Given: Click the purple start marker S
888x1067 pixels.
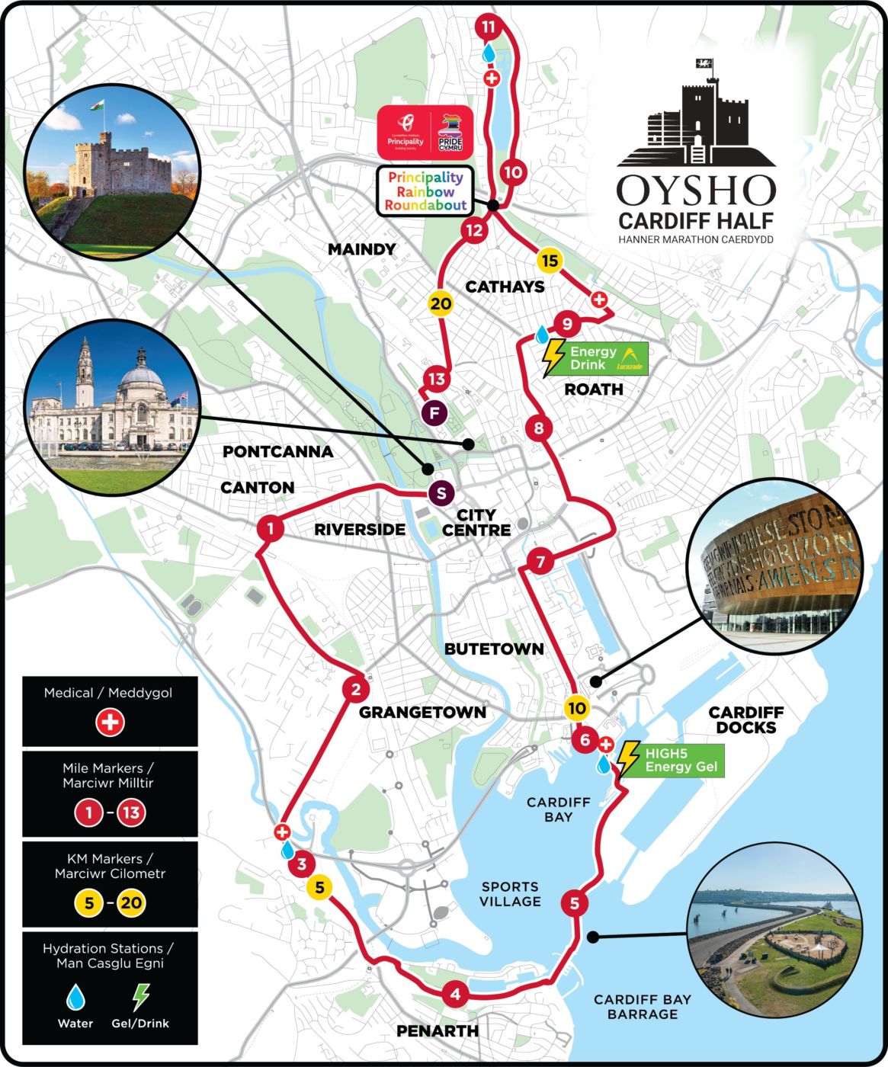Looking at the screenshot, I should pyautogui.click(x=441, y=493).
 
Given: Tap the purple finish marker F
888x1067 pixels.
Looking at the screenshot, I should pyautogui.click(x=435, y=413).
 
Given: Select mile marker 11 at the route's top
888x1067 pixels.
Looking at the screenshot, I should pyautogui.click(x=488, y=27).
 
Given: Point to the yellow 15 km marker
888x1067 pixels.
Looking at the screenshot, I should pyautogui.click(x=549, y=261).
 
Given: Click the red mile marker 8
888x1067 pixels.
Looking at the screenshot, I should pyautogui.click(x=539, y=428).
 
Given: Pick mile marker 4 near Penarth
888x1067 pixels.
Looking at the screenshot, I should pyautogui.click(x=455, y=994).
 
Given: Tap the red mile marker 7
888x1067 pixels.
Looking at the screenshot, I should pyautogui.click(x=540, y=562).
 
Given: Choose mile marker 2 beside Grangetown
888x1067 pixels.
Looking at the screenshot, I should pyautogui.click(x=355, y=691).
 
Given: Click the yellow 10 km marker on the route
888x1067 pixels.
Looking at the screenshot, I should pyautogui.click(x=577, y=708).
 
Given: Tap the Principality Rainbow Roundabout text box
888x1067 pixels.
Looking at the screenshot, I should pyautogui.click(x=425, y=191).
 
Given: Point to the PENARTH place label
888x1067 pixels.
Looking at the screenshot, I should pyautogui.click(x=438, y=1031).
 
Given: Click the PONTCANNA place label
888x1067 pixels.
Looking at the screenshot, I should pyautogui.click(x=277, y=451).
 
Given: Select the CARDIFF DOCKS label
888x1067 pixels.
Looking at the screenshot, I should pyautogui.click(x=745, y=719).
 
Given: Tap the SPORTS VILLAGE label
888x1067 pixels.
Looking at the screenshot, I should pyautogui.click(x=510, y=894).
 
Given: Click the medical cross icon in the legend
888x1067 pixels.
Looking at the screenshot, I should pyautogui.click(x=110, y=722).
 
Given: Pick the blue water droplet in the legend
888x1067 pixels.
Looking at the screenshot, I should pyautogui.click(x=75, y=997).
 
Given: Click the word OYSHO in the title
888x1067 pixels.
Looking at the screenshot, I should pyautogui.click(x=696, y=191).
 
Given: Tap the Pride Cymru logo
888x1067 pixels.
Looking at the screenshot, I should pyautogui.click(x=450, y=132).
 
